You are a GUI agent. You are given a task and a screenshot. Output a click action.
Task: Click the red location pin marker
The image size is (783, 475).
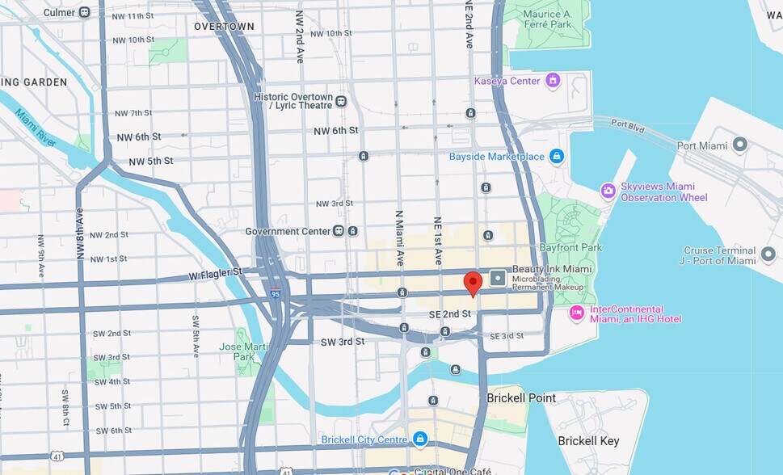pos(473,284)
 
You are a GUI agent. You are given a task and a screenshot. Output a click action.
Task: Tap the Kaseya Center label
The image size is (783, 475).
pos(507,81)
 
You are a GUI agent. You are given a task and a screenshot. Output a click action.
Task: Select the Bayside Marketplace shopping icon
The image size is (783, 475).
pos(556,156)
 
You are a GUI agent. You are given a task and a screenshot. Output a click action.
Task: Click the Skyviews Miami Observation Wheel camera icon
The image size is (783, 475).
pos(608,191)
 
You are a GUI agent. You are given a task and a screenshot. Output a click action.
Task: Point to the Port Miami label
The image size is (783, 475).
pos(700,145)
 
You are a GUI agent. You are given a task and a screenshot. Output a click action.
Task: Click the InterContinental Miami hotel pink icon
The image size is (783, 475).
pos(577,313)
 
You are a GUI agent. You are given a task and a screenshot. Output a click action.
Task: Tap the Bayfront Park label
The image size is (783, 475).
pos(570,246)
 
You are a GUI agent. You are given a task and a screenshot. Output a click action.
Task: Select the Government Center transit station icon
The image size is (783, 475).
pos(339,231)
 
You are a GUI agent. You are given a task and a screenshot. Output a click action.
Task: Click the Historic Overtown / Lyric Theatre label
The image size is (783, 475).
pos(293,101)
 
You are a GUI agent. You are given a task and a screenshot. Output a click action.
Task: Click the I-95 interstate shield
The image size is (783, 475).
pos(276,296)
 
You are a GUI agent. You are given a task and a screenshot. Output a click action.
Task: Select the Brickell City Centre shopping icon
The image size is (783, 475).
pos(419,439)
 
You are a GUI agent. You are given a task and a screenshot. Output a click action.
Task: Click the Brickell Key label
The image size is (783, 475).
pos(588,441)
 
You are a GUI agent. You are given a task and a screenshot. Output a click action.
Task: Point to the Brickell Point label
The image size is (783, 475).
pos(521,398)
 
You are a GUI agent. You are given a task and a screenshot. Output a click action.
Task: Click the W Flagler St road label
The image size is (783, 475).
pos(215,273)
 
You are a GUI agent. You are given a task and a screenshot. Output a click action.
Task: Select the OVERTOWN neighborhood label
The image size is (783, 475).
pos(224,27)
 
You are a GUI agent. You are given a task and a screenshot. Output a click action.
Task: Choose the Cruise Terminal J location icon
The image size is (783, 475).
pos(768,255)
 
